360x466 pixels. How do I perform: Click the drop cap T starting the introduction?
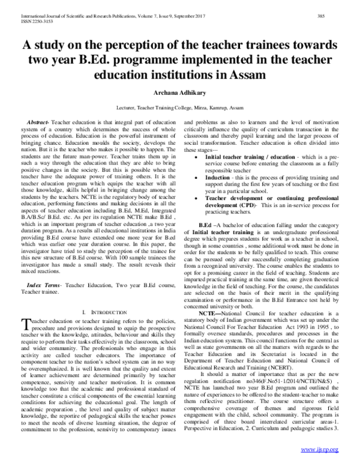[x=25, y=324]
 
